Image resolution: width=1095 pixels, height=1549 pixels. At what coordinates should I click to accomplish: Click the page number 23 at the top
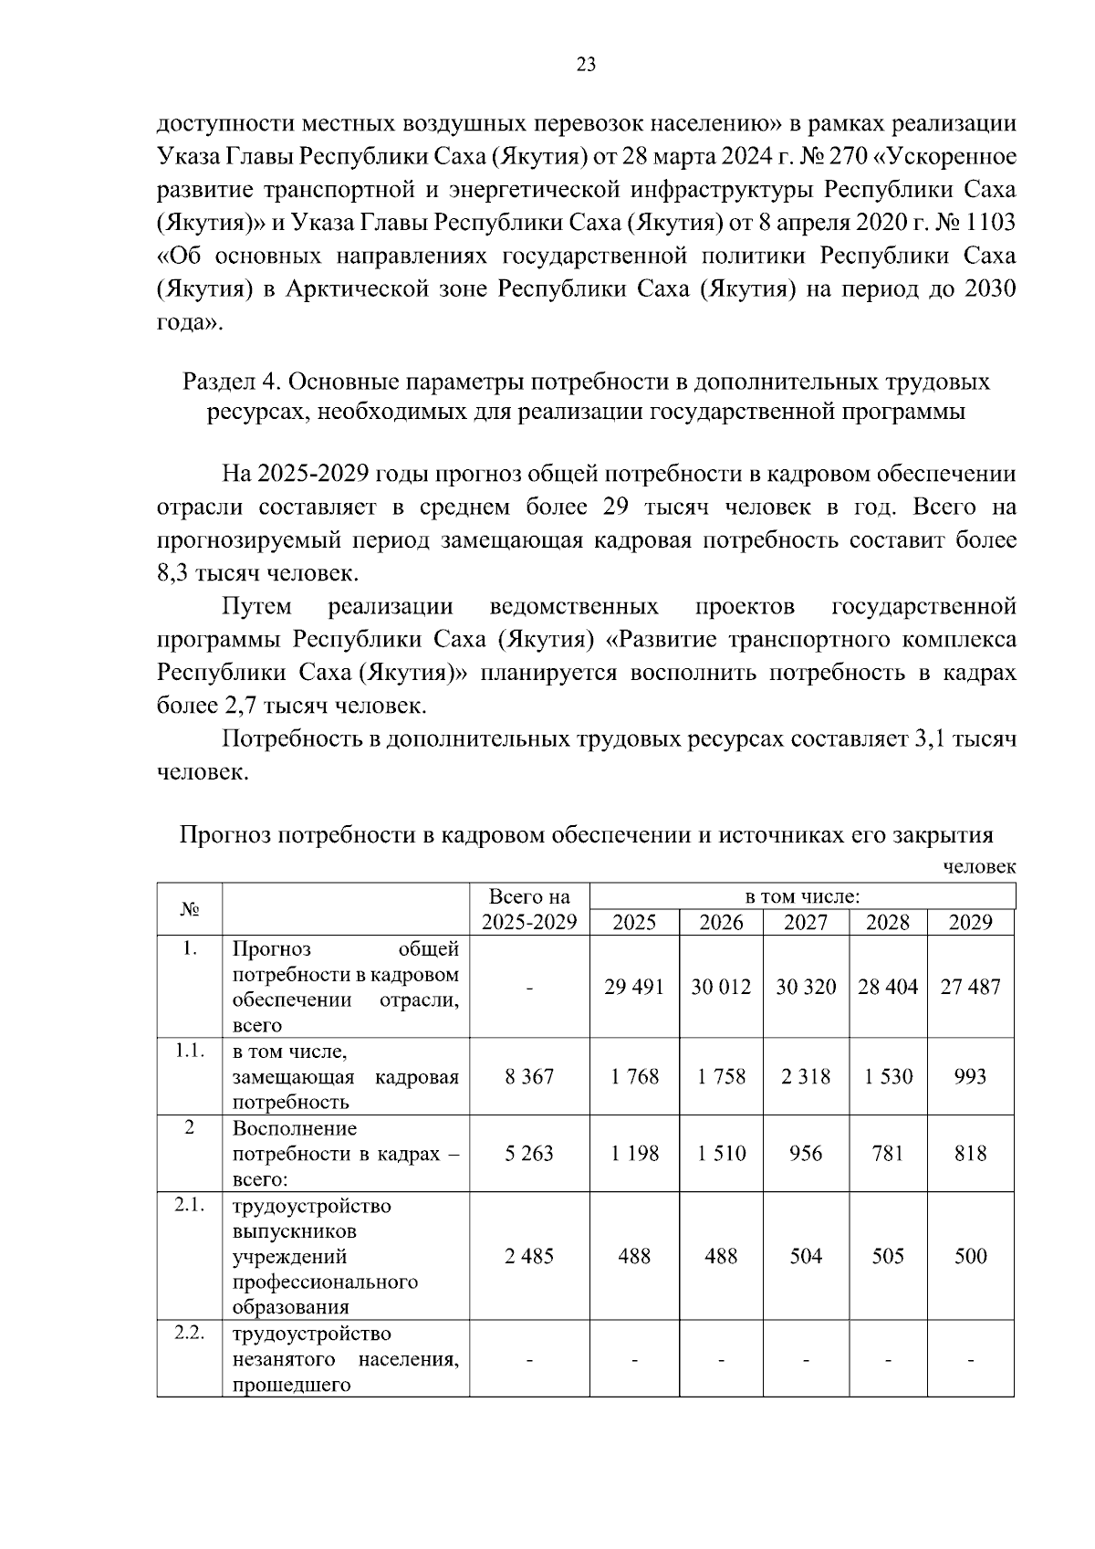586,64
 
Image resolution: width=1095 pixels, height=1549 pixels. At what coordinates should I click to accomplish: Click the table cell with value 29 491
634,987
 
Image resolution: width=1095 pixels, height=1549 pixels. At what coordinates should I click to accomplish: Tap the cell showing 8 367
529,1076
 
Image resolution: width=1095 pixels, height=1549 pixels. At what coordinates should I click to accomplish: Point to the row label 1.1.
189,1051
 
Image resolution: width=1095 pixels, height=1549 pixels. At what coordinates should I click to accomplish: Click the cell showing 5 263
529,1154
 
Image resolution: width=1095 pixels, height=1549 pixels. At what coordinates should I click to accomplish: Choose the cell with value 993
970,1076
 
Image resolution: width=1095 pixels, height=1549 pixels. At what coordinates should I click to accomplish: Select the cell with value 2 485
529,1256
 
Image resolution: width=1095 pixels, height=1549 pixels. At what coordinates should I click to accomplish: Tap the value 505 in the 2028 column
888,1256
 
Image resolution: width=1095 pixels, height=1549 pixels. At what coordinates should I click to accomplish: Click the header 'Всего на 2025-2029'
529,909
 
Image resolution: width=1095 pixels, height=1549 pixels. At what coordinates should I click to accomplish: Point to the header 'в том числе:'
801,896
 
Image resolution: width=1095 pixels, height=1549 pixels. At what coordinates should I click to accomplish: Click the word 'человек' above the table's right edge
978,867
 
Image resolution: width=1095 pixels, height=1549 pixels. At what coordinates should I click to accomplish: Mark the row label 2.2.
189,1333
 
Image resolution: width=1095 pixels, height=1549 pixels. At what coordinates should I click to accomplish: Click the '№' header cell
189,909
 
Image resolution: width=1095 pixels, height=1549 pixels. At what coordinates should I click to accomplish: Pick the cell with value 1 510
721,1154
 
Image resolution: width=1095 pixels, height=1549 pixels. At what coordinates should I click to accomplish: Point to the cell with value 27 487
970,987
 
